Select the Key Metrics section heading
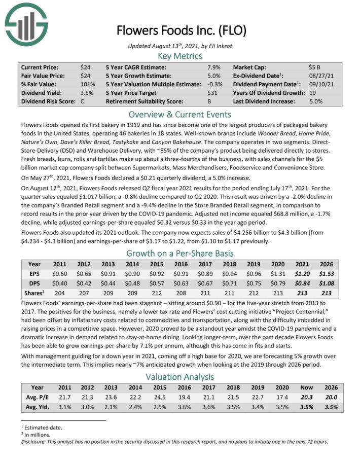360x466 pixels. pyautogui.click(x=180, y=56)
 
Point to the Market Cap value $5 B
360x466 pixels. pyautogui.click(x=314, y=67)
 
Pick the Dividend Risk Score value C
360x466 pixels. pyautogui.click(x=82, y=101)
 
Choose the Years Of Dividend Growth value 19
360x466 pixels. pyautogui.click(x=312, y=93)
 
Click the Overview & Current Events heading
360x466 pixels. pyautogui.click(x=180, y=114)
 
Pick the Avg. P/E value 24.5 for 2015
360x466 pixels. pyautogui.click(x=156, y=398)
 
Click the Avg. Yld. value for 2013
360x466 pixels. pyautogui.click(x=108, y=408)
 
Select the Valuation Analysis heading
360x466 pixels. pyautogui.click(x=180, y=377)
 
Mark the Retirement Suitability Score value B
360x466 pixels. pyautogui.click(x=210, y=101)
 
